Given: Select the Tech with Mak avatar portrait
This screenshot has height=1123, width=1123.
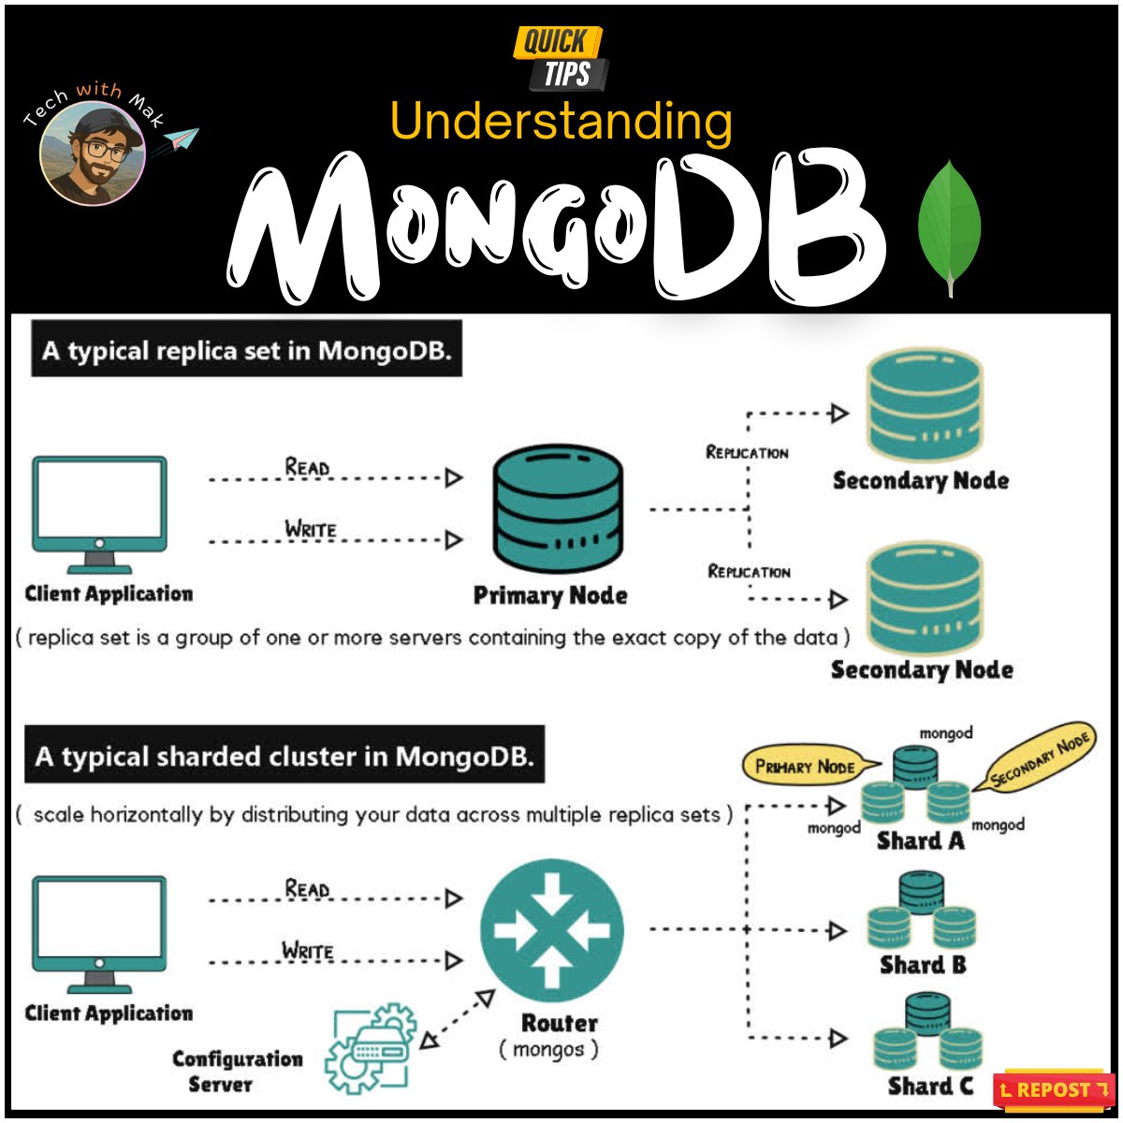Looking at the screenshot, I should pos(92,155).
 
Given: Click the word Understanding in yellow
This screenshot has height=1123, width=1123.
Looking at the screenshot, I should pos(561,123).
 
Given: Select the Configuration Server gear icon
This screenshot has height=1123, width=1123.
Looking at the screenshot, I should pos(371,1048).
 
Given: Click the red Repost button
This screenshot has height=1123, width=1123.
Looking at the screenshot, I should pos(1054,1089).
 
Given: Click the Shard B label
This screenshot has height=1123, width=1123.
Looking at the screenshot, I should pos(923,965).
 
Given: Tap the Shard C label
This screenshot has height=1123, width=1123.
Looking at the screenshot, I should pos(930,1086).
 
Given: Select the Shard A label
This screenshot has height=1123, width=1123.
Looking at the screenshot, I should pos(920,840).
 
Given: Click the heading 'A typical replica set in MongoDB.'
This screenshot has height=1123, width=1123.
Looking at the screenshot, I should pos(247,351).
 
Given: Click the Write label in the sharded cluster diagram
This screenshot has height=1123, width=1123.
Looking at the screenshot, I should pos(309,951).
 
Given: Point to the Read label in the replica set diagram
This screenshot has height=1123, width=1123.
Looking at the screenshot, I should pos(308,466).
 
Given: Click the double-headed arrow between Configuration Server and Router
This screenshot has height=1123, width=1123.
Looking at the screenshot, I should pos(456,1020).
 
